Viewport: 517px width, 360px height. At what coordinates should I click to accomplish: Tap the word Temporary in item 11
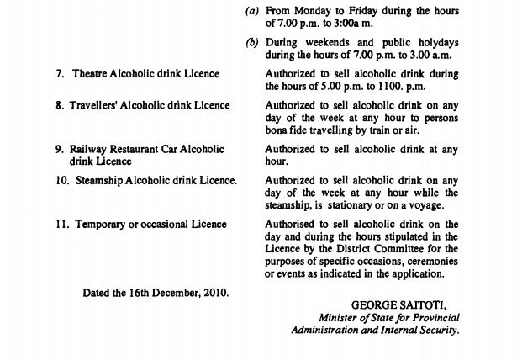click(104, 225)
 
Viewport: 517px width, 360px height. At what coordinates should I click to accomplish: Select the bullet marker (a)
click(251, 10)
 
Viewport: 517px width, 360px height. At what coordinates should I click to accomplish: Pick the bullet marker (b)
click(251, 42)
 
